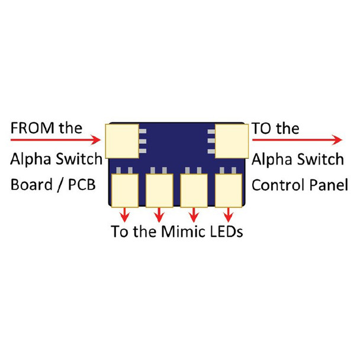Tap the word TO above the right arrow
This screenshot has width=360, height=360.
pyautogui.click(x=261, y=128)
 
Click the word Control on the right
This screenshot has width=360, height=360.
pyautogui.click(x=275, y=185)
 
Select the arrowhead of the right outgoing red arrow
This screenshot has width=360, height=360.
pyautogui.click(x=337, y=140)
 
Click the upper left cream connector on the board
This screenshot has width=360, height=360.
pyautogui.click(x=121, y=141)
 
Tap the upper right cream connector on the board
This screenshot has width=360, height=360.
pyautogui.click(x=232, y=141)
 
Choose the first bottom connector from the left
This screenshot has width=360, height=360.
pyautogui.click(x=124, y=190)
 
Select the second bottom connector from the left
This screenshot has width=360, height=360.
pyautogui.click(x=159, y=190)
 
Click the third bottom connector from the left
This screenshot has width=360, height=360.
pyautogui.click(x=193, y=190)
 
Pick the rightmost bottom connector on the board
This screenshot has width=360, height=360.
pyautogui.click(x=228, y=190)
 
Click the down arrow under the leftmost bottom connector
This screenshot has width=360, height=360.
pyautogui.click(x=124, y=214)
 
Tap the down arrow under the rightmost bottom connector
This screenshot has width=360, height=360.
pyautogui.click(x=228, y=214)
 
